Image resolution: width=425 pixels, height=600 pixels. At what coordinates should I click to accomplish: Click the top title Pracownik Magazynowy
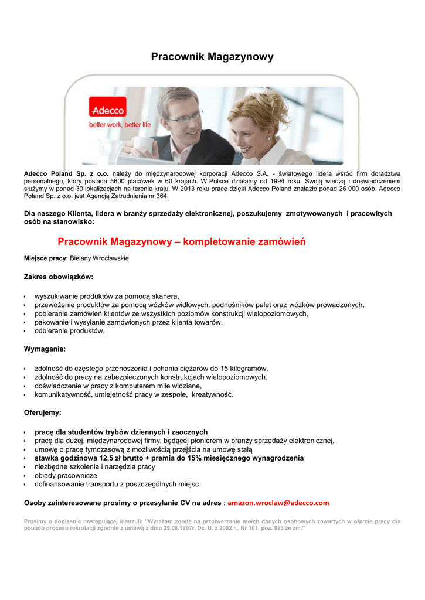pos(212,57)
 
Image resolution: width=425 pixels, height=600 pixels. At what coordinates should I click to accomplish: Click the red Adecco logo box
pos(108,110)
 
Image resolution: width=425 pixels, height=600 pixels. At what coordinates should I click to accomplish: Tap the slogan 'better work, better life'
pos(120,125)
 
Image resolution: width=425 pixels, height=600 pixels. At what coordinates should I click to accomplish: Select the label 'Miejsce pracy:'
pos(46,258)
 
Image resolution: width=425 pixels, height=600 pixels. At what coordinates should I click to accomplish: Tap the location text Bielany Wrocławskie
pos(99,258)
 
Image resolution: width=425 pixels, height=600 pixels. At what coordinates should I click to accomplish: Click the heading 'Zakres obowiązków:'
pos(58,276)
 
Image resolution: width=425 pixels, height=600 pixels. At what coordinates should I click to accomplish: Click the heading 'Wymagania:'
pos(45,349)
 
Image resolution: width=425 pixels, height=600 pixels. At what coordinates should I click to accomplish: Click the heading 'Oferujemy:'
pos(42,412)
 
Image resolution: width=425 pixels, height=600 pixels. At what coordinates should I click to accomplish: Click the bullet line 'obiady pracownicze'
pos(66,475)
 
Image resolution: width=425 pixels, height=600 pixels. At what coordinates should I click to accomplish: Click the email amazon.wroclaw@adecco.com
pos(278,503)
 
